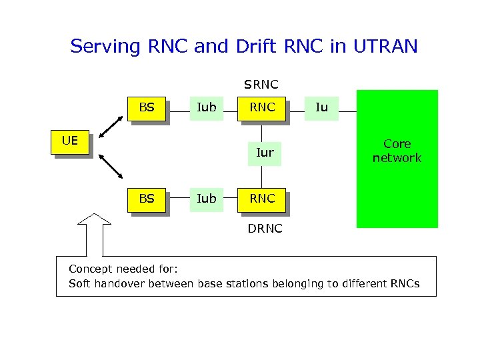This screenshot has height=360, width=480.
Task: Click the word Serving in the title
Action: [105, 47]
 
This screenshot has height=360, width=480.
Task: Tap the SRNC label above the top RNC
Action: [261, 85]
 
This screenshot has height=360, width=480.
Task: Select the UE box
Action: [69, 141]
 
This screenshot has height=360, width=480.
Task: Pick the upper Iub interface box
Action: [207, 107]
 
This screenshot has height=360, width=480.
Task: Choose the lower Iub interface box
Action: [207, 199]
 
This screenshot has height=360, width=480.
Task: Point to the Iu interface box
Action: [321, 107]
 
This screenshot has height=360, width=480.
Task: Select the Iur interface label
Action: [265, 153]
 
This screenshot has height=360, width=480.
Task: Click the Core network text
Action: [397, 151]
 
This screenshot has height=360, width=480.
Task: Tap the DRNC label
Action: [265, 229]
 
